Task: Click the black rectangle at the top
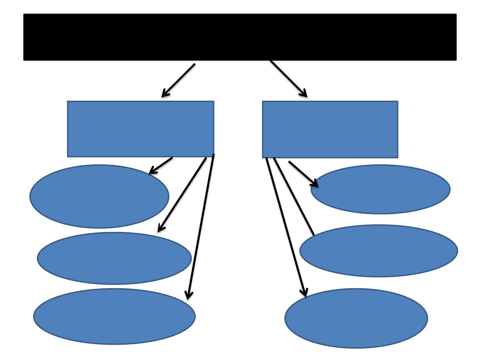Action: pyautogui.click(x=240, y=37)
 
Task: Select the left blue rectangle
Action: pyautogui.click(x=140, y=129)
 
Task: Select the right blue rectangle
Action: pyautogui.click(x=330, y=129)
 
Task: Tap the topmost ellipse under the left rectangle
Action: pyautogui.click(x=99, y=196)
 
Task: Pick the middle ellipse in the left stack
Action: pyautogui.click(x=114, y=258)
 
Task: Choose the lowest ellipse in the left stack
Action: pyautogui.click(x=114, y=316)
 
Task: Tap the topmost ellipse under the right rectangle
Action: pyautogui.click(x=380, y=189)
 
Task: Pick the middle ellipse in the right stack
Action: pyautogui.click(x=379, y=251)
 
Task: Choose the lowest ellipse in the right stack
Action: pyautogui.click(x=356, y=318)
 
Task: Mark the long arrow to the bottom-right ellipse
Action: pyautogui.click(x=286, y=227)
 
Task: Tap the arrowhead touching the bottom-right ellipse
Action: pyautogui.click(x=304, y=292)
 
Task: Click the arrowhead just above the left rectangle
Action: pyautogui.click(x=164, y=94)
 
